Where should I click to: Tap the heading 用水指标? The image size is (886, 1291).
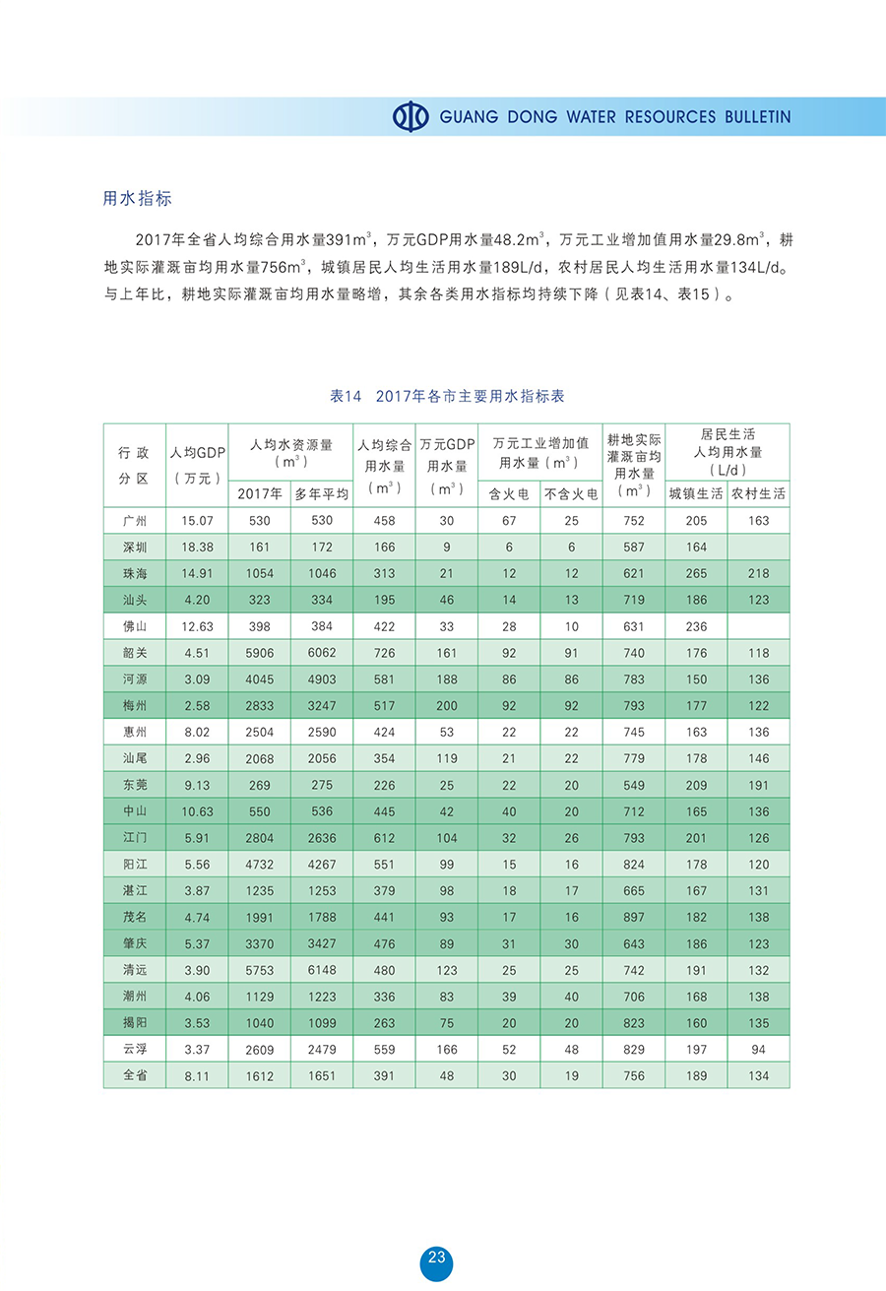pyautogui.click(x=138, y=198)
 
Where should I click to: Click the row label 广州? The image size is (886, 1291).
pyautogui.click(x=134, y=521)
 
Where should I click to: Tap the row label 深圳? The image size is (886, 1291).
pyautogui.click(x=134, y=548)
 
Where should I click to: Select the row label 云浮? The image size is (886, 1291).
pyautogui.click(x=134, y=1050)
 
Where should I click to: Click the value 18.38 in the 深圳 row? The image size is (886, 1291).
pyautogui.click(x=197, y=548)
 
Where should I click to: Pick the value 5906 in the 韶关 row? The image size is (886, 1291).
pyautogui.click(x=259, y=653)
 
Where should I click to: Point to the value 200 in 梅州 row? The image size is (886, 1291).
pyautogui.click(x=447, y=706)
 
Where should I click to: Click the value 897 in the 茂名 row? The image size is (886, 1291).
pyautogui.click(x=634, y=918)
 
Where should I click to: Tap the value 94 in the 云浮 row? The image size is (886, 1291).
pyautogui.click(x=759, y=1050)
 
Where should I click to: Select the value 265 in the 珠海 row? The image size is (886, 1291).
pyautogui.click(x=696, y=573)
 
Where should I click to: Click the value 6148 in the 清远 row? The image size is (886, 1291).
pyautogui.click(x=322, y=970)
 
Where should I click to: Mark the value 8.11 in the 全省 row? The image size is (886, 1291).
pyautogui.click(x=197, y=1076)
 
